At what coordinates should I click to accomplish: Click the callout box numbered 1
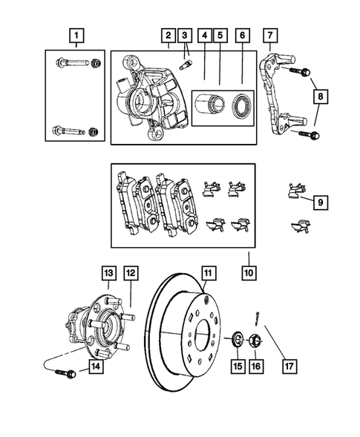coord(75,34)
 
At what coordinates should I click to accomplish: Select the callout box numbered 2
coord(169,35)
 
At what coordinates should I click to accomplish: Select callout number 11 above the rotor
coord(210,273)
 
